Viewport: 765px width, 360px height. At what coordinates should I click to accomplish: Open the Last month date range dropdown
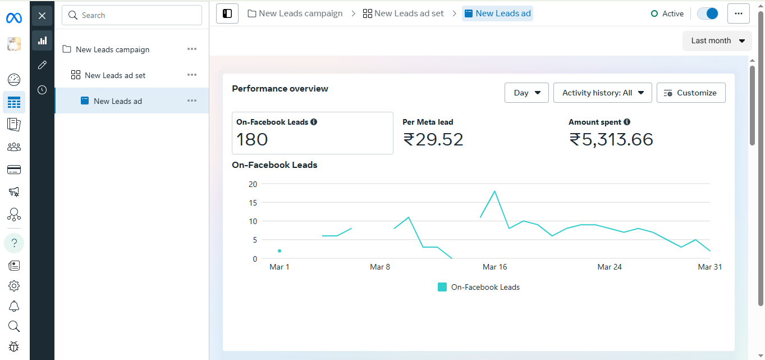(x=717, y=40)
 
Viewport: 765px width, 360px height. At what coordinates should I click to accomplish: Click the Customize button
(x=690, y=93)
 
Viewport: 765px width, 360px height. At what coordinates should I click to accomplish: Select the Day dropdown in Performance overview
(x=526, y=93)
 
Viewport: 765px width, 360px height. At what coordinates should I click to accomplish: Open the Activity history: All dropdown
(x=602, y=93)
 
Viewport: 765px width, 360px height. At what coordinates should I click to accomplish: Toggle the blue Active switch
(x=707, y=13)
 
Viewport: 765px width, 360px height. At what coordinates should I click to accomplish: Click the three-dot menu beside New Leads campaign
(x=192, y=49)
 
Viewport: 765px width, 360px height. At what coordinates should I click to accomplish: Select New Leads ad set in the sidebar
(x=115, y=75)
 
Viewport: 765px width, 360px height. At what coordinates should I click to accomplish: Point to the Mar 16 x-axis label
(x=494, y=267)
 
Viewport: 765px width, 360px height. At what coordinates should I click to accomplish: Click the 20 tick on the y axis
(x=253, y=184)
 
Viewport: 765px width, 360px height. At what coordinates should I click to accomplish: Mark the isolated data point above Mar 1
(x=280, y=251)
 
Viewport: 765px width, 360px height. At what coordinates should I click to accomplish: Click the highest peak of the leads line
(x=494, y=191)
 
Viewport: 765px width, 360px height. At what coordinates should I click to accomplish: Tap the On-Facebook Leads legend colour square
(x=442, y=287)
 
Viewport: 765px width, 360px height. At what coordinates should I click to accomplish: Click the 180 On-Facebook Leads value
(x=252, y=139)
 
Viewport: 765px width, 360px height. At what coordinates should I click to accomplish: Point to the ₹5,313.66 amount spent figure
(x=611, y=139)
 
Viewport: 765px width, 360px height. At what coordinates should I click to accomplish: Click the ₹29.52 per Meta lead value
(x=433, y=139)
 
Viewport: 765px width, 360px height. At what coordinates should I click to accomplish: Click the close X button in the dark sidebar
(x=42, y=16)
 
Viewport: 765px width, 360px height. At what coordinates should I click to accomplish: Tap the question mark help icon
(x=14, y=243)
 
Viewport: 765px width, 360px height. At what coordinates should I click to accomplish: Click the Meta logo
(x=14, y=18)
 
